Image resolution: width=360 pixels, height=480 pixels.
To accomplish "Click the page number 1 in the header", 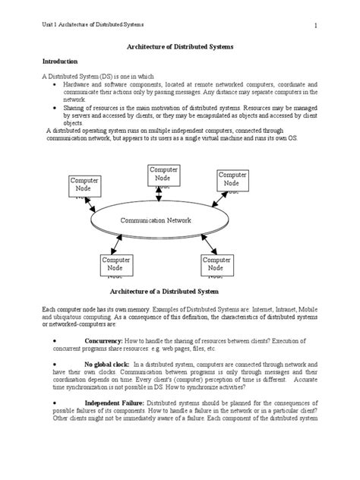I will (x=314, y=27).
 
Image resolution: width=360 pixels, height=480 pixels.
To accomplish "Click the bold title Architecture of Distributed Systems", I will (x=179, y=46).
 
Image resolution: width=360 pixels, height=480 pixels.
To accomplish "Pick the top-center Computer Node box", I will (x=163, y=175).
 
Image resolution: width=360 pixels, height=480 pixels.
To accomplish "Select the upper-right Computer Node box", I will (x=232, y=179).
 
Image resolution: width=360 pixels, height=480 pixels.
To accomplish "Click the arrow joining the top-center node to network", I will (x=158, y=196).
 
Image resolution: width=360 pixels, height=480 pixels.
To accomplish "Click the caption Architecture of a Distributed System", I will (x=164, y=292).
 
